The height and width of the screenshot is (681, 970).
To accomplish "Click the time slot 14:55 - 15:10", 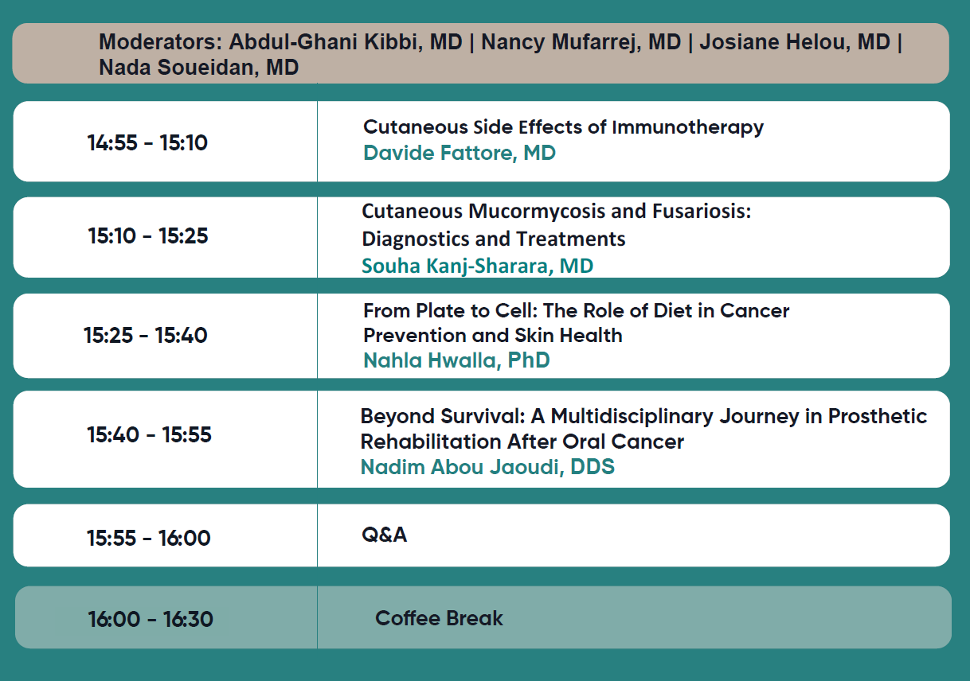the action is click(147, 142).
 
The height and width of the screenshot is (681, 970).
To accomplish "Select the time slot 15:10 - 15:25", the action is click(148, 235).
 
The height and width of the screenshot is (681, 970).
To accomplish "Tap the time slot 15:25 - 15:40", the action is click(146, 335).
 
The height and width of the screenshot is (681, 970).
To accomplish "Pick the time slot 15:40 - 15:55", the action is click(150, 434).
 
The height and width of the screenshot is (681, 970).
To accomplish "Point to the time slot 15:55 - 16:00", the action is click(149, 538).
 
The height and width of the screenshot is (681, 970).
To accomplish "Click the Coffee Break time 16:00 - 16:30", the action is click(151, 619).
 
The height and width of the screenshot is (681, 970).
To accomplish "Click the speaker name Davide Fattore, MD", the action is click(460, 153).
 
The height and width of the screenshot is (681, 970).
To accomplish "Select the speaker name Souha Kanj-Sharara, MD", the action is click(478, 266).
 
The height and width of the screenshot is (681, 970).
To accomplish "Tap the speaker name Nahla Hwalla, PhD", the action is click(457, 360).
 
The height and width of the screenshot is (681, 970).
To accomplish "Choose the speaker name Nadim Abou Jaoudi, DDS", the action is click(487, 467).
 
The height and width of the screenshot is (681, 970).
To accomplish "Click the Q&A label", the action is click(385, 535).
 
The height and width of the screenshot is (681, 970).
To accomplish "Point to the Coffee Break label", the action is click(439, 618).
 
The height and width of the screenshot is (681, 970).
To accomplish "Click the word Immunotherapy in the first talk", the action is click(687, 128).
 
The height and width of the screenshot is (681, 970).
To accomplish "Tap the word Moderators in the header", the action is click(160, 42).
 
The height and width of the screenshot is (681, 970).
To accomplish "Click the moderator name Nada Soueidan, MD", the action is click(199, 67).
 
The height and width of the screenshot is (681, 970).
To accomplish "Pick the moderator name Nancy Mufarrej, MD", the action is click(581, 43).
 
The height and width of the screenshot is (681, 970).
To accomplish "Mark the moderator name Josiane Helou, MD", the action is click(795, 42).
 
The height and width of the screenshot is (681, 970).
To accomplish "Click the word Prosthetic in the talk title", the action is click(878, 416).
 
